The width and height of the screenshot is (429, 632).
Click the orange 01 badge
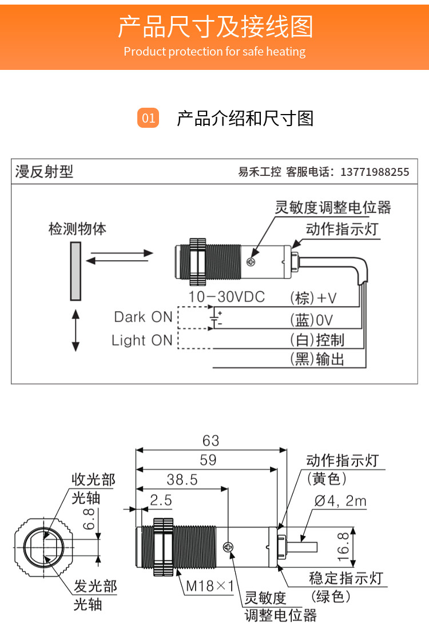click(149, 118)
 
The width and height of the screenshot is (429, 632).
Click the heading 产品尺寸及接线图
click(215, 27)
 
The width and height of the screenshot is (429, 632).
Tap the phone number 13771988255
click(375, 172)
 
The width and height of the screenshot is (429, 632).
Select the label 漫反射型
click(45, 171)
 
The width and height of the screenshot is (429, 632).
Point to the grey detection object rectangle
click(75, 270)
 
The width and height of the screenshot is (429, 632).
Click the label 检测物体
click(77, 229)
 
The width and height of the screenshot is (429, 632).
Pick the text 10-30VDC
click(227, 297)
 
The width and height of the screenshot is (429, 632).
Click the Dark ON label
click(142, 317)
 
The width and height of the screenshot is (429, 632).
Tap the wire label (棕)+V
click(314, 298)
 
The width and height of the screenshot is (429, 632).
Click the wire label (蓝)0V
click(312, 320)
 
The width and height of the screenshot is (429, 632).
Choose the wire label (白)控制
click(317, 340)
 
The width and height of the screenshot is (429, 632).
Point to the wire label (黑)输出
click(317, 359)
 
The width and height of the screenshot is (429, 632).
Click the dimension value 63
click(210, 440)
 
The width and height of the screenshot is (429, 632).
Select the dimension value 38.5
click(182, 480)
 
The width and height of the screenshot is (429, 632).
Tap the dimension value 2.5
click(161, 500)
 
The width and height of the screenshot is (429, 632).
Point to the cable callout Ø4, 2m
click(340, 501)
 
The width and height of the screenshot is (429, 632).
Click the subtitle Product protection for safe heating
click(214, 52)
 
